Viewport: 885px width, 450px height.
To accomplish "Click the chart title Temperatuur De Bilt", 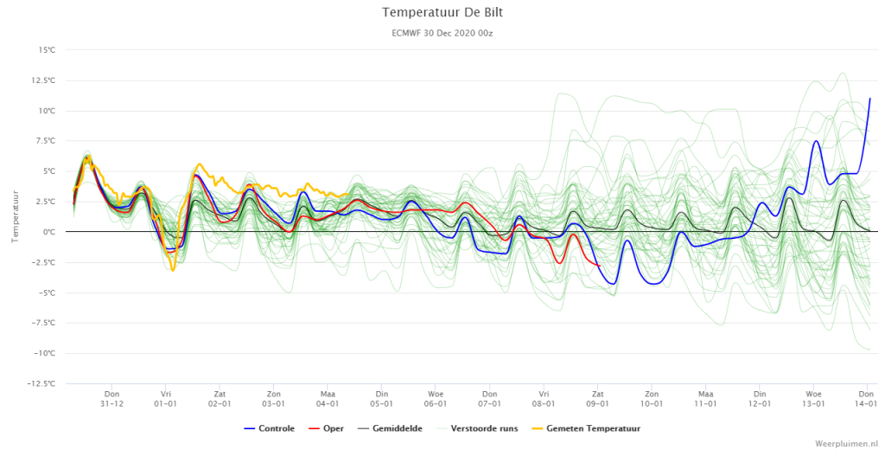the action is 442,12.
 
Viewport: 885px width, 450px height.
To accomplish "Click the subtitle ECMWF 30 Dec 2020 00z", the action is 442,34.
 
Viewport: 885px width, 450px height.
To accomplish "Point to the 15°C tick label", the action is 47,50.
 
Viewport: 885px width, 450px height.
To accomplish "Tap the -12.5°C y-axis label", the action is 43,384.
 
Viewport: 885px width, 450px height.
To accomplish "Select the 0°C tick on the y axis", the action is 49,232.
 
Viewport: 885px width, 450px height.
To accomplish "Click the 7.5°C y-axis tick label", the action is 46,141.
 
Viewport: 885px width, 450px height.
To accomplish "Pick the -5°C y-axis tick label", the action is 47,292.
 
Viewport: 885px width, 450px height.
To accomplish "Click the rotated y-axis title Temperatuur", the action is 15,216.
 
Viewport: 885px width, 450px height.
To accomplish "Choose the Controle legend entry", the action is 270,428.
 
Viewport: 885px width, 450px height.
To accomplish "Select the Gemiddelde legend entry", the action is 390,428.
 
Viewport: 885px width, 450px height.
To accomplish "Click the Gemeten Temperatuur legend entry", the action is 586,428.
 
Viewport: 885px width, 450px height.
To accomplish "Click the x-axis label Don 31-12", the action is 111,399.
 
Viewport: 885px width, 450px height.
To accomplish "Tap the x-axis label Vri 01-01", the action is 166,399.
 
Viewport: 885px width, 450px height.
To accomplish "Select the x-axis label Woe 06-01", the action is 436,399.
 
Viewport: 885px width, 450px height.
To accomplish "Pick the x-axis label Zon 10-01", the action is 652,399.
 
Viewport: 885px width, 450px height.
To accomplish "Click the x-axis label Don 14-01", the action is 866,399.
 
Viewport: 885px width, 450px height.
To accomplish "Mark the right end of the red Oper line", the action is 600,266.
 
